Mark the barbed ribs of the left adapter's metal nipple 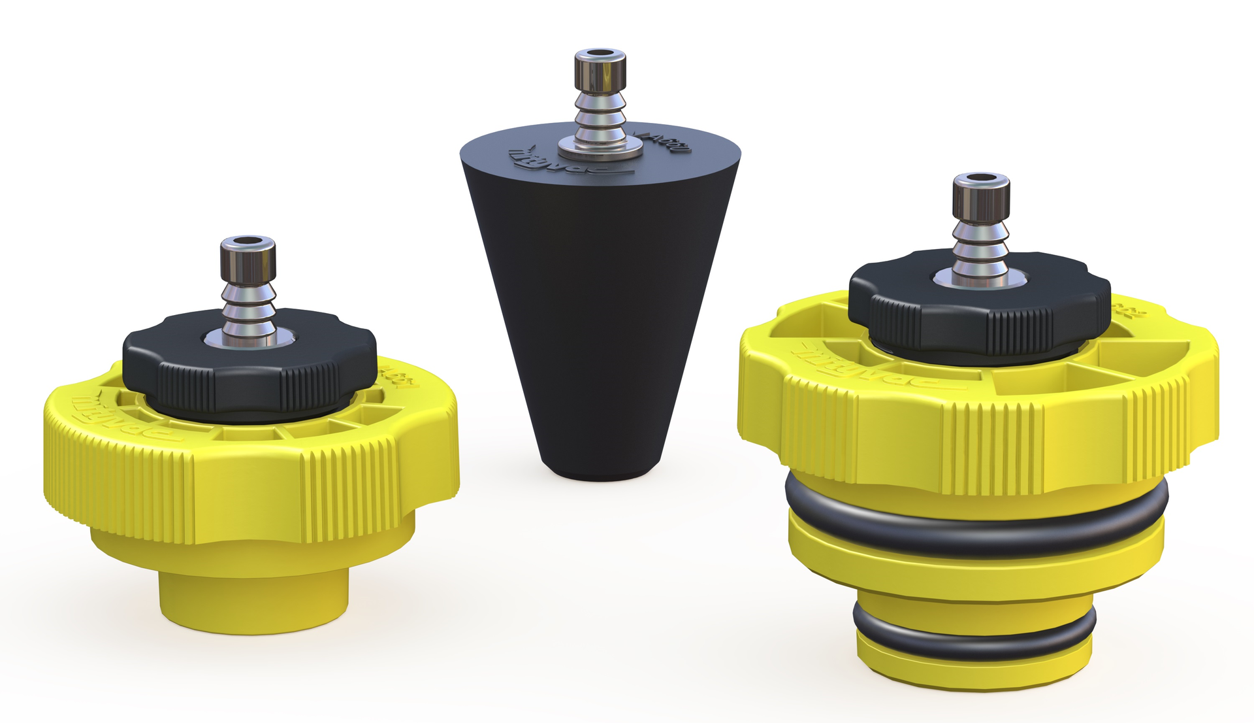pos(249,307)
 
